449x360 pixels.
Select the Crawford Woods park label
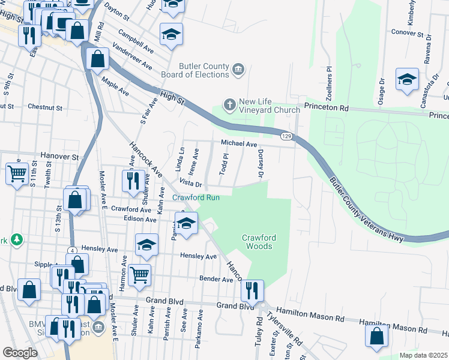coord(258,242)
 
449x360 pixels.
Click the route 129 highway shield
coord(288,137)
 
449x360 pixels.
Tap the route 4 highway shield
coord(71,250)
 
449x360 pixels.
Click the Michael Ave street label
coord(238,143)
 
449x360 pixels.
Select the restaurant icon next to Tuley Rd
coord(252,290)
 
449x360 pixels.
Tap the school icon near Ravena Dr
coord(406,80)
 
